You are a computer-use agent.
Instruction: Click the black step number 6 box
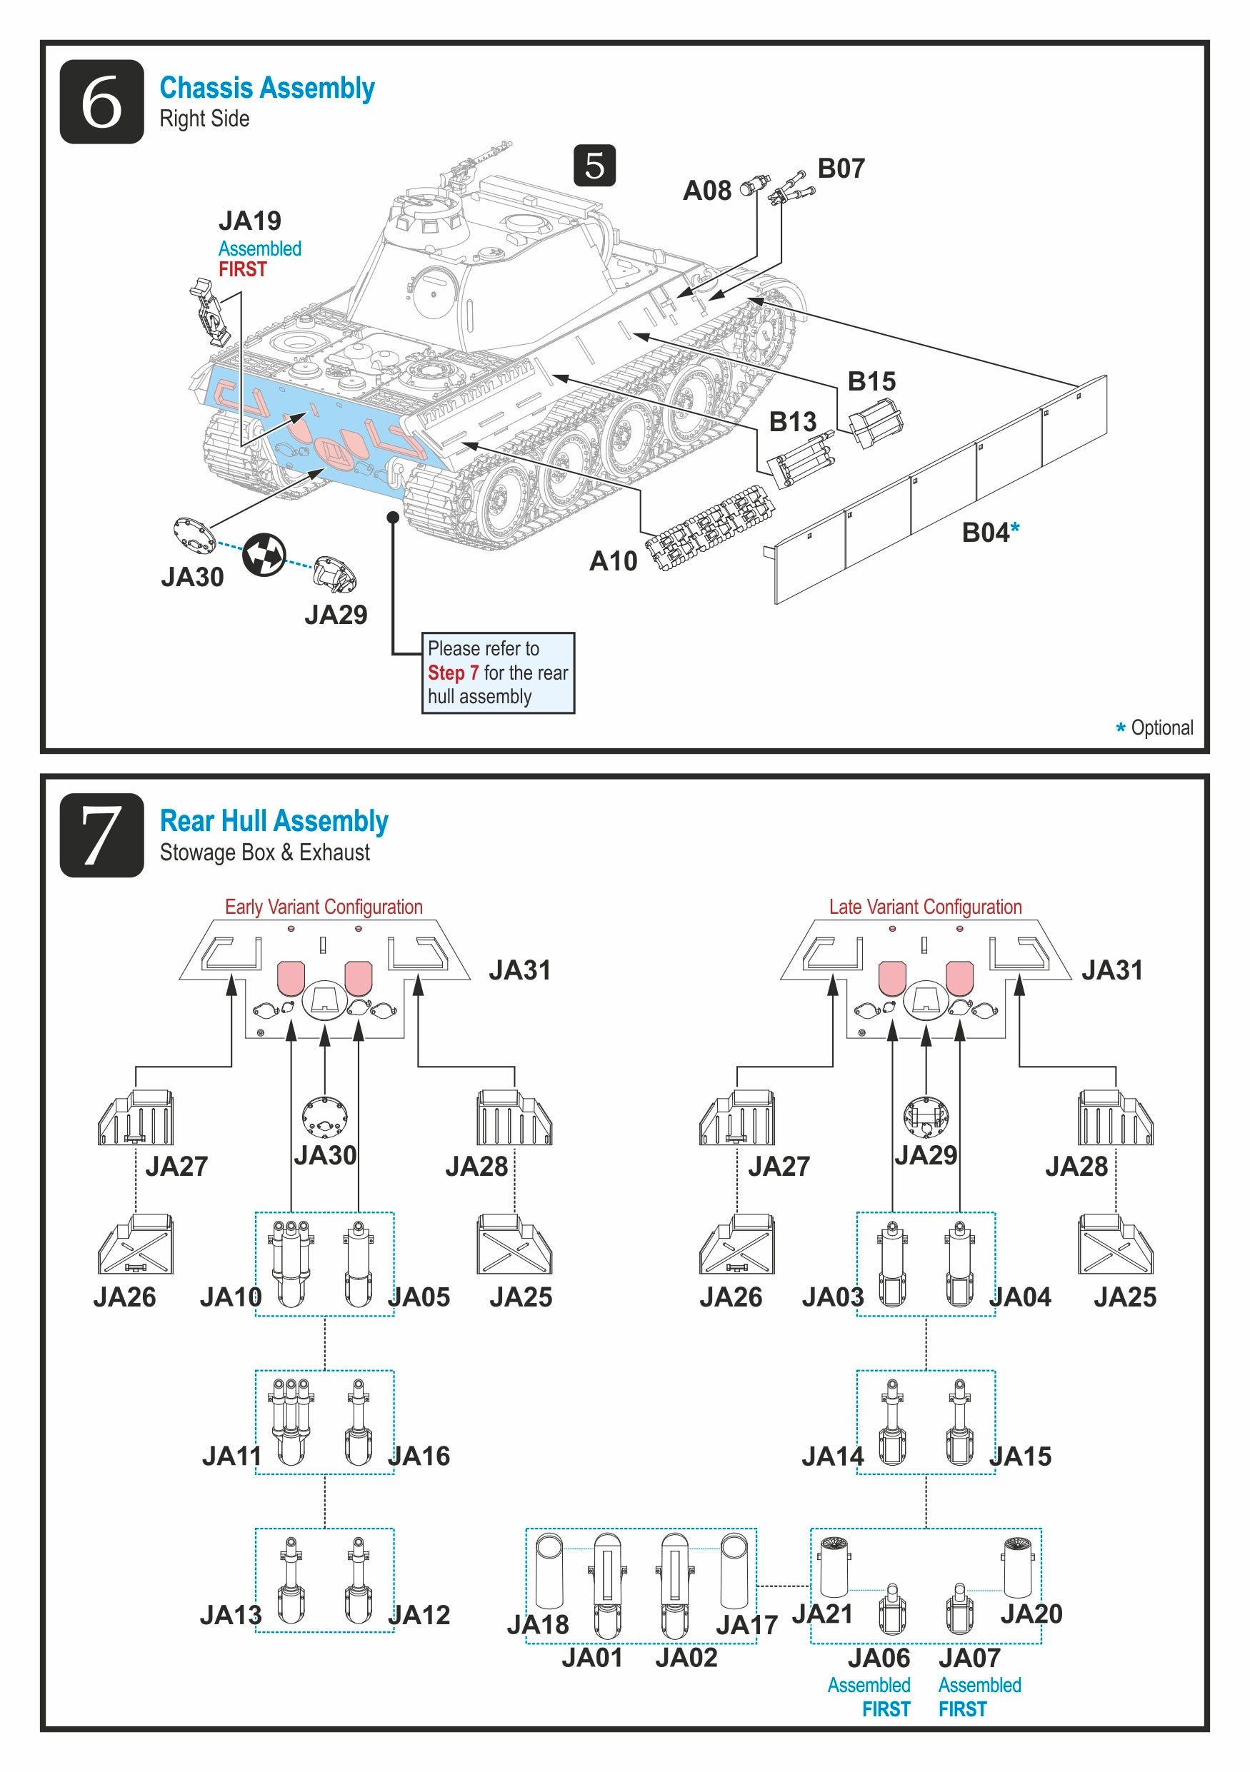pos(101,101)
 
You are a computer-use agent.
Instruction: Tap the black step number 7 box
pos(101,835)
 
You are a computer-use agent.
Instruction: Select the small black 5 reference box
pos(594,165)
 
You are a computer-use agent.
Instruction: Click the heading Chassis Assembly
pos(266,88)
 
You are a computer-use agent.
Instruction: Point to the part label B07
pos(840,168)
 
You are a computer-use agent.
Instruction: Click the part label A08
pos(706,191)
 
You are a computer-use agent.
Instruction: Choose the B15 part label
pos(871,381)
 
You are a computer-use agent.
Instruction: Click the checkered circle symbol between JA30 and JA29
pos(264,554)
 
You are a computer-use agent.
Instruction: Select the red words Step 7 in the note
pos(453,673)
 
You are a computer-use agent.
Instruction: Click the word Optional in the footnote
pos(1161,728)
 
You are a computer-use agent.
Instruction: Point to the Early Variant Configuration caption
pos(324,907)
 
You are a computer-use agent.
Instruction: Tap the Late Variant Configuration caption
pos(925,907)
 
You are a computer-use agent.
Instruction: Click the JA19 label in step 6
pos(249,221)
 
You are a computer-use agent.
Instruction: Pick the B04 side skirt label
pos(985,533)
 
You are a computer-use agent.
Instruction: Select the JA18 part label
pos(537,1625)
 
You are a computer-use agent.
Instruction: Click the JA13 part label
pos(230,1614)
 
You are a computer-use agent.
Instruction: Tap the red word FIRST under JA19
pos(242,269)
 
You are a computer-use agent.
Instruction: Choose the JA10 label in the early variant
pos(230,1297)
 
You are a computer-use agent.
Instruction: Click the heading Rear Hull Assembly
pos(274,821)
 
